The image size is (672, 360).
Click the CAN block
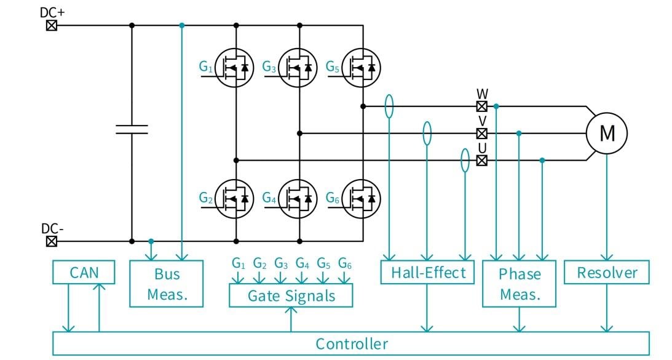(x=84, y=272)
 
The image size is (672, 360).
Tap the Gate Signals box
(x=291, y=295)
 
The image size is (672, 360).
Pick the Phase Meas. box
(x=520, y=284)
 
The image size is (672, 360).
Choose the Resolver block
(x=607, y=272)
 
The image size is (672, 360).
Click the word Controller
(x=352, y=343)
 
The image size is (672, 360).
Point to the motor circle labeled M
(x=606, y=133)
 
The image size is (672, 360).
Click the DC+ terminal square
(x=52, y=25)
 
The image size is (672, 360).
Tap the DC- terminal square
(x=52, y=241)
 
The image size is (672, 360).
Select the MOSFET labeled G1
(x=235, y=66)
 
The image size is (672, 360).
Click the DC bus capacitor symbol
(x=132, y=129)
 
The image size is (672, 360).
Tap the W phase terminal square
(x=482, y=106)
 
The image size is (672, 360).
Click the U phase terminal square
(x=482, y=160)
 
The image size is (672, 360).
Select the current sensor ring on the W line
(x=389, y=106)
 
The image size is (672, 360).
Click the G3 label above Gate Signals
(x=281, y=263)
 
